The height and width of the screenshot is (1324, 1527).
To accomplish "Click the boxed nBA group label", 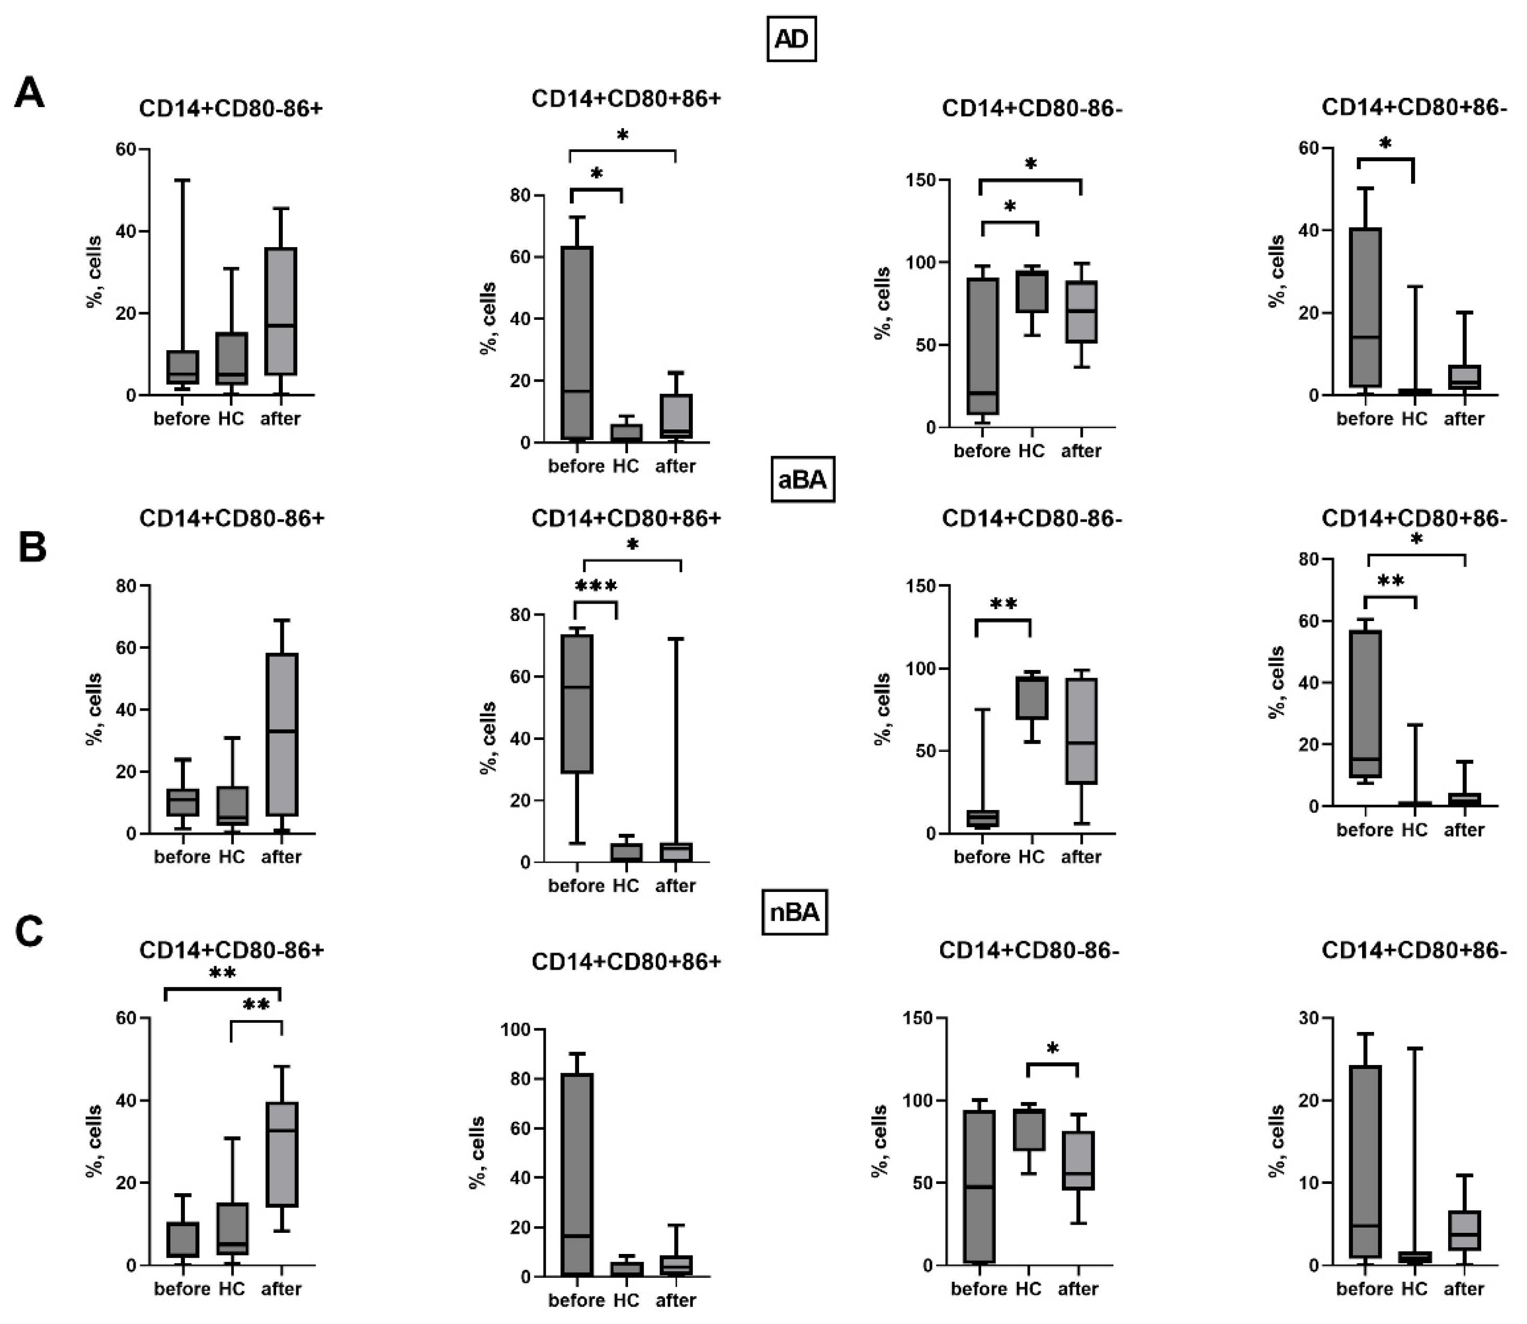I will tap(794, 913).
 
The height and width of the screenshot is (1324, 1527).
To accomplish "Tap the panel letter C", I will tap(29, 933).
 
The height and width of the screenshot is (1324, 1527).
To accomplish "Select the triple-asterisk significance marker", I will tap(596, 588).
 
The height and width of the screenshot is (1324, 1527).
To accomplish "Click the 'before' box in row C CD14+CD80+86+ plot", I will tap(576, 1174).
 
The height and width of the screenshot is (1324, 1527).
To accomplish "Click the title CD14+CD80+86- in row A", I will tap(1413, 108).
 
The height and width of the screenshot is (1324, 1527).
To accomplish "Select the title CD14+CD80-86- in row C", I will tap(1029, 951).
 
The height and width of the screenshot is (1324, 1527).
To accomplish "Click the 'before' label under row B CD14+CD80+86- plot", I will tap(1364, 830).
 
